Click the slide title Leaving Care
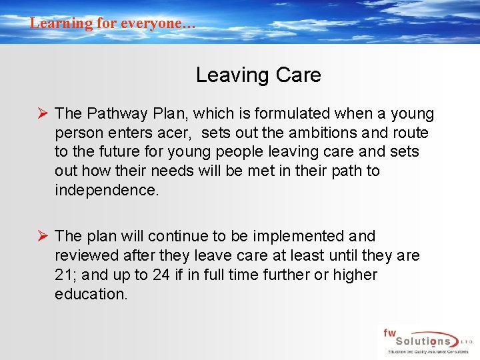pyautogui.click(x=258, y=75)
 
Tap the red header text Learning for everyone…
pyautogui.click(x=113, y=23)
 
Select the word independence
pyautogui.click(x=107, y=190)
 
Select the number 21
pyautogui.click(x=64, y=275)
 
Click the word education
pyautogui.click(x=90, y=294)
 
